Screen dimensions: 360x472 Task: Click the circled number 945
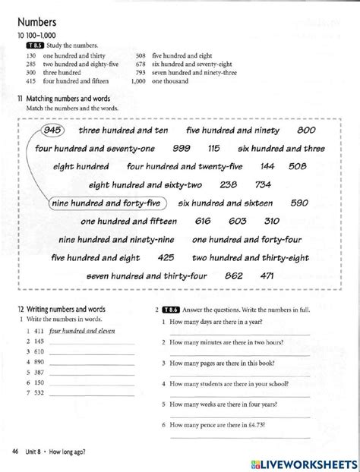click(53, 130)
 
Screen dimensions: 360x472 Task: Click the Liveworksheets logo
click(306, 460)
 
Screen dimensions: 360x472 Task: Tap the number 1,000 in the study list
click(137, 80)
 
